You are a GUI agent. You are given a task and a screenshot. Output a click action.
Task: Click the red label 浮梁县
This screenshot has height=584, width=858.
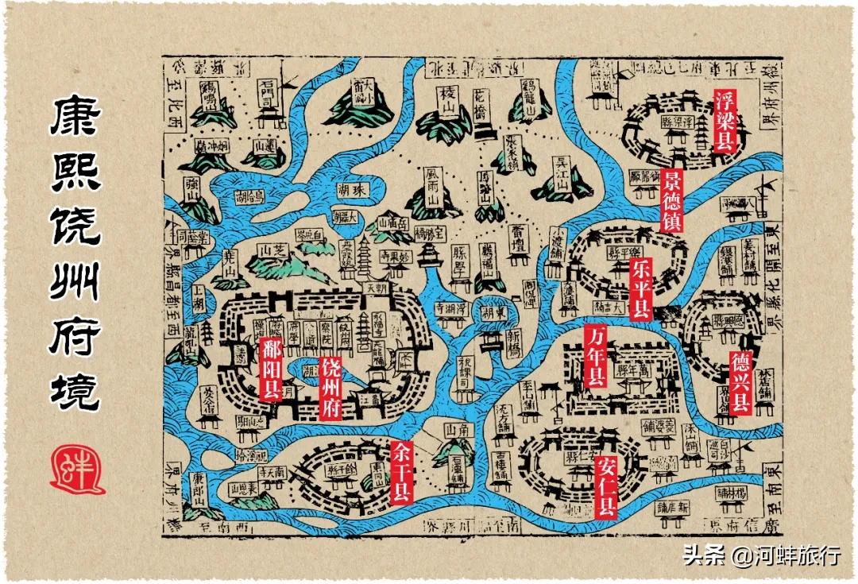coord(724,121)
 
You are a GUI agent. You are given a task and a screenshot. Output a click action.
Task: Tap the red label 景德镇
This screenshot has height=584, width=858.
coord(672,201)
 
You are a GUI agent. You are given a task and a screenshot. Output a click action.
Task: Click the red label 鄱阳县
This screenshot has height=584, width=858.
coord(271,369)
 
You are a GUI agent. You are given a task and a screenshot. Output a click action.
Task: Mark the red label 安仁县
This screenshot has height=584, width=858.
coord(605,486)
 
